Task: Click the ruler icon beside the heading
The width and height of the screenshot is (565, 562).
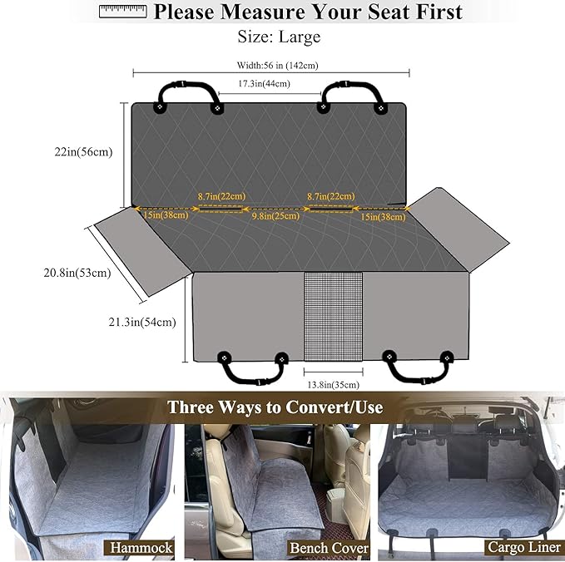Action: pyautogui.click(x=121, y=11)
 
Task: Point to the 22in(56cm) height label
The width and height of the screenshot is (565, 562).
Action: pyautogui.click(x=82, y=151)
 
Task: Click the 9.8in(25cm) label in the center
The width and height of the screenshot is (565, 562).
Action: pyautogui.click(x=275, y=216)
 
